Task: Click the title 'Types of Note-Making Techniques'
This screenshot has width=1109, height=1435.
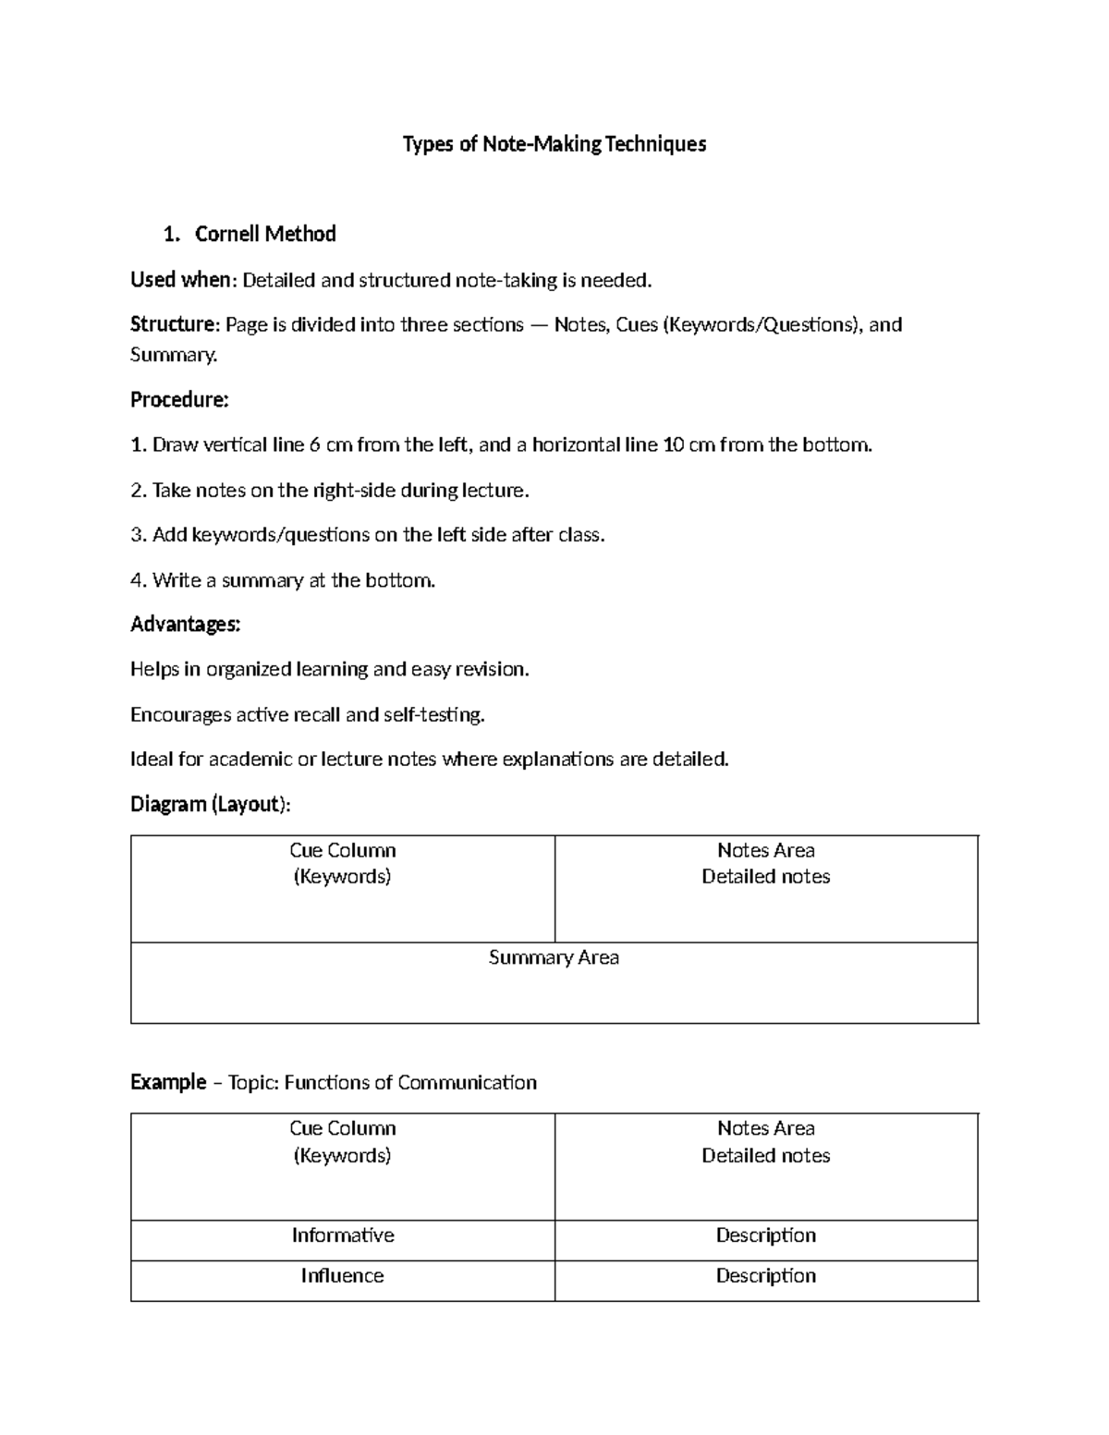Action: [554, 144]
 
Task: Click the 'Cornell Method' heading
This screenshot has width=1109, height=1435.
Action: [264, 234]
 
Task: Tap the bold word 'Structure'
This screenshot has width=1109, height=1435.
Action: [172, 324]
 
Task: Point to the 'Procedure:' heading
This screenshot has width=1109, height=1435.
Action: [179, 399]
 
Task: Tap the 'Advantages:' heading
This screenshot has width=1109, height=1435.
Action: [185, 625]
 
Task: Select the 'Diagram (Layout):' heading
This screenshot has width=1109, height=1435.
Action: [210, 804]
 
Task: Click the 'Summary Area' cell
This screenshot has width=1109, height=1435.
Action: [554, 958]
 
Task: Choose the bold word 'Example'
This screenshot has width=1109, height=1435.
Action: [168, 1082]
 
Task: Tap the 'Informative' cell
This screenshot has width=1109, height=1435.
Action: [343, 1235]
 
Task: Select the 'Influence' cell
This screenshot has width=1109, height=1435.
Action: [342, 1276]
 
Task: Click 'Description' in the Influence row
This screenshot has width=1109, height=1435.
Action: [765, 1276]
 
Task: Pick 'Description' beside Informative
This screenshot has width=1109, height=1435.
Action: [765, 1235]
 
